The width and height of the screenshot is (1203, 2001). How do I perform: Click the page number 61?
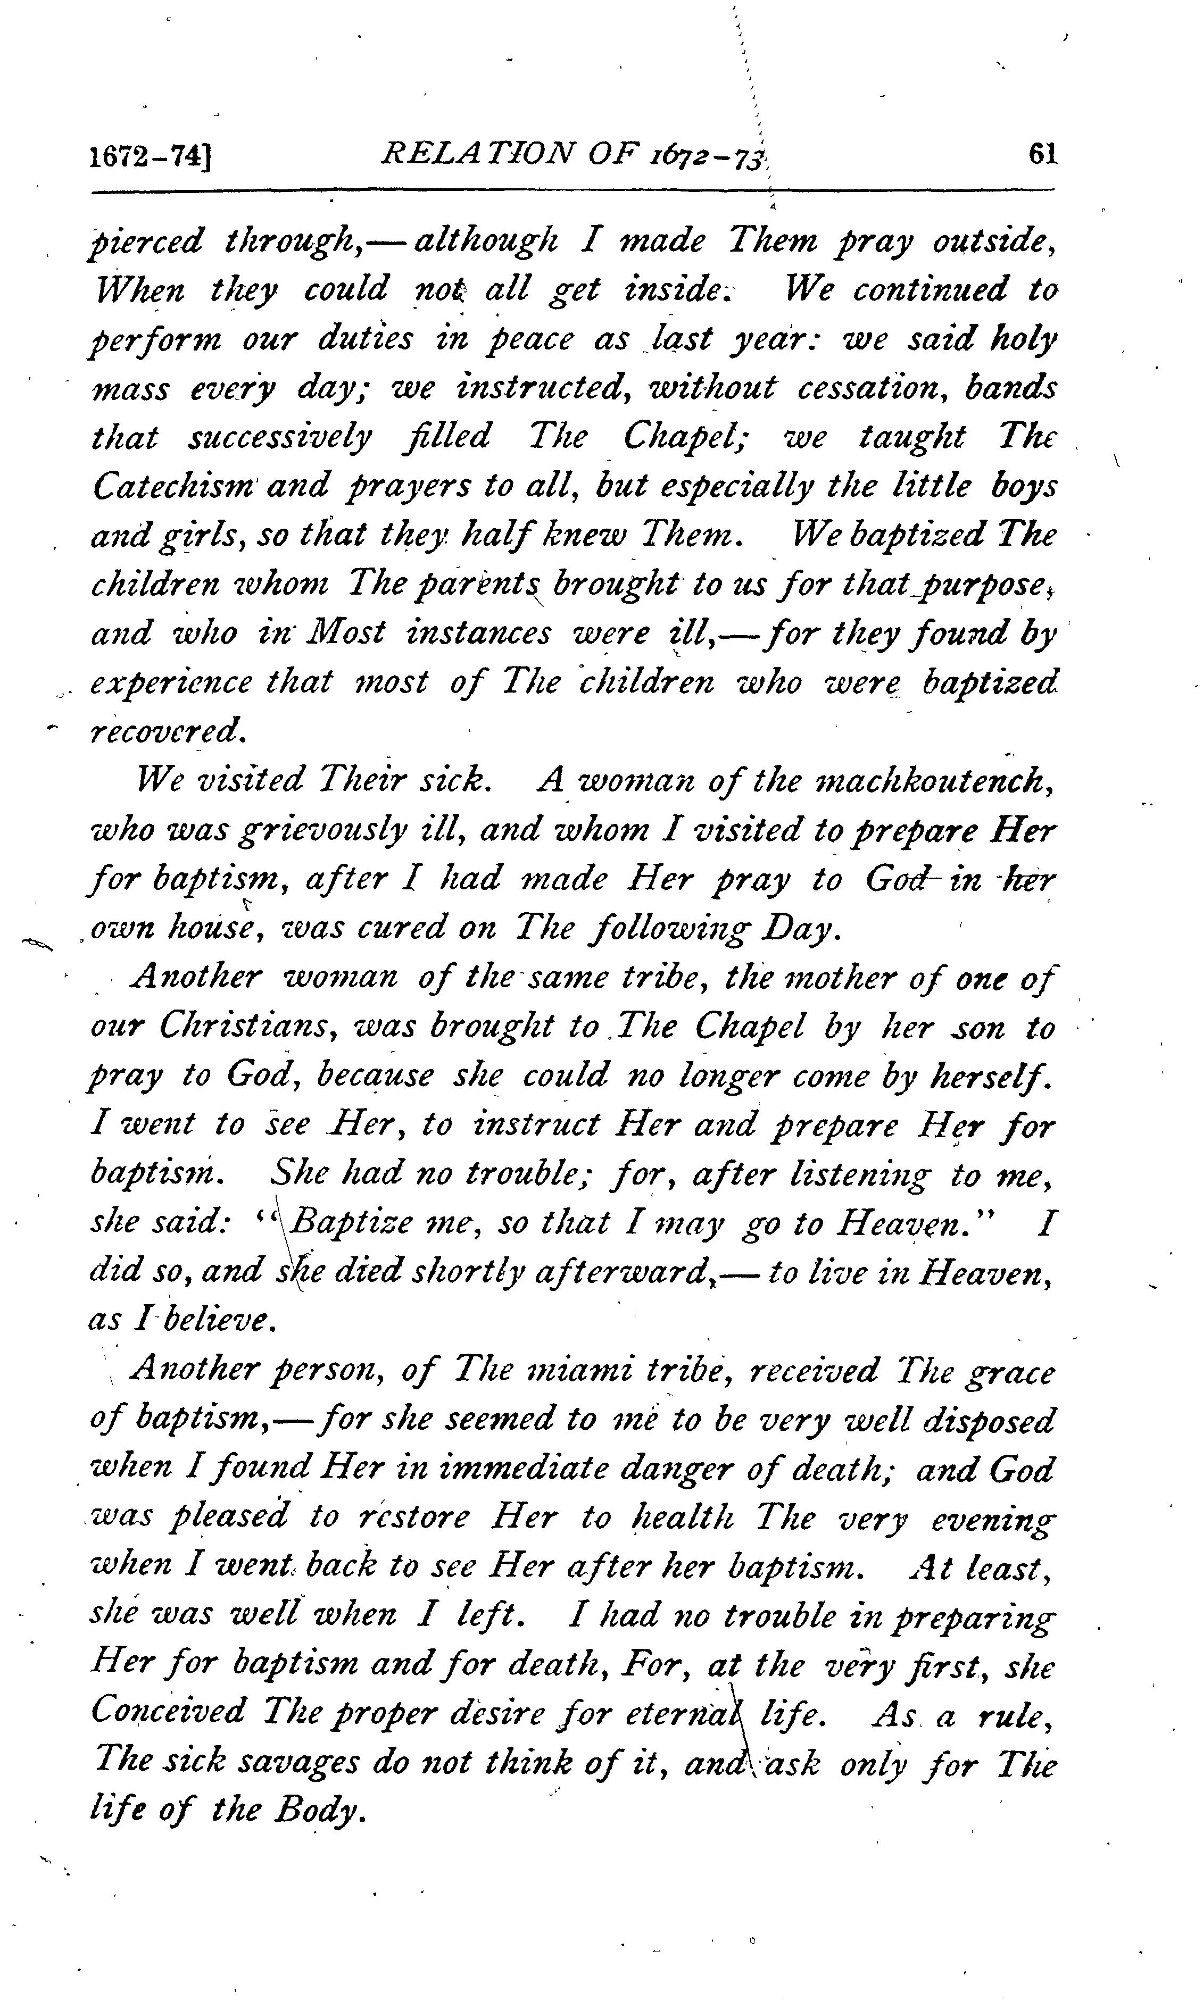[1042, 154]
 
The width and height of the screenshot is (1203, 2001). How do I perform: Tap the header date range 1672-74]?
[150, 155]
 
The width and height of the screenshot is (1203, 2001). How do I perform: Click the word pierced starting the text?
[145, 241]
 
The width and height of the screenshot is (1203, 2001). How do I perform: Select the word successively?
[280, 437]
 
